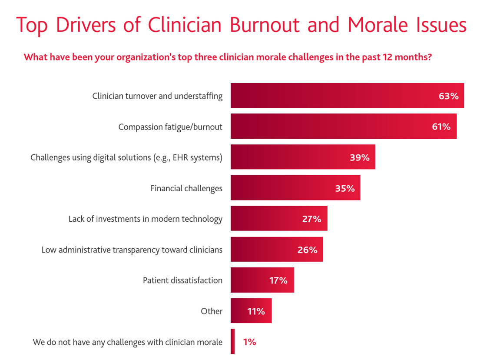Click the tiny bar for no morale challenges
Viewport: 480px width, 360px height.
coord(233,342)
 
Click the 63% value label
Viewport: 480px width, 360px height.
coord(448,96)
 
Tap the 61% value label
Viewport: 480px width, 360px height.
coord(441,127)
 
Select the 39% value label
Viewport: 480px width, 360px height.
coord(360,158)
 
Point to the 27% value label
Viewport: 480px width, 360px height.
coord(311,219)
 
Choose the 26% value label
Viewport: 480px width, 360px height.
coord(307,250)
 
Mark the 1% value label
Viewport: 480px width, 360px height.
coord(249,342)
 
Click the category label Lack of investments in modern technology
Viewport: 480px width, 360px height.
coord(145,219)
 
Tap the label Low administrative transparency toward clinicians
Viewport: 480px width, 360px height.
coord(132,250)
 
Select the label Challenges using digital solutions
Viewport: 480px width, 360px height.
coord(126,157)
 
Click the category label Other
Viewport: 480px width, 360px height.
coord(212,311)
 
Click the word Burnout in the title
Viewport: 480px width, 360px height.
coord(265,25)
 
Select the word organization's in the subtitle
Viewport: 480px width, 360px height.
coord(144,57)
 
